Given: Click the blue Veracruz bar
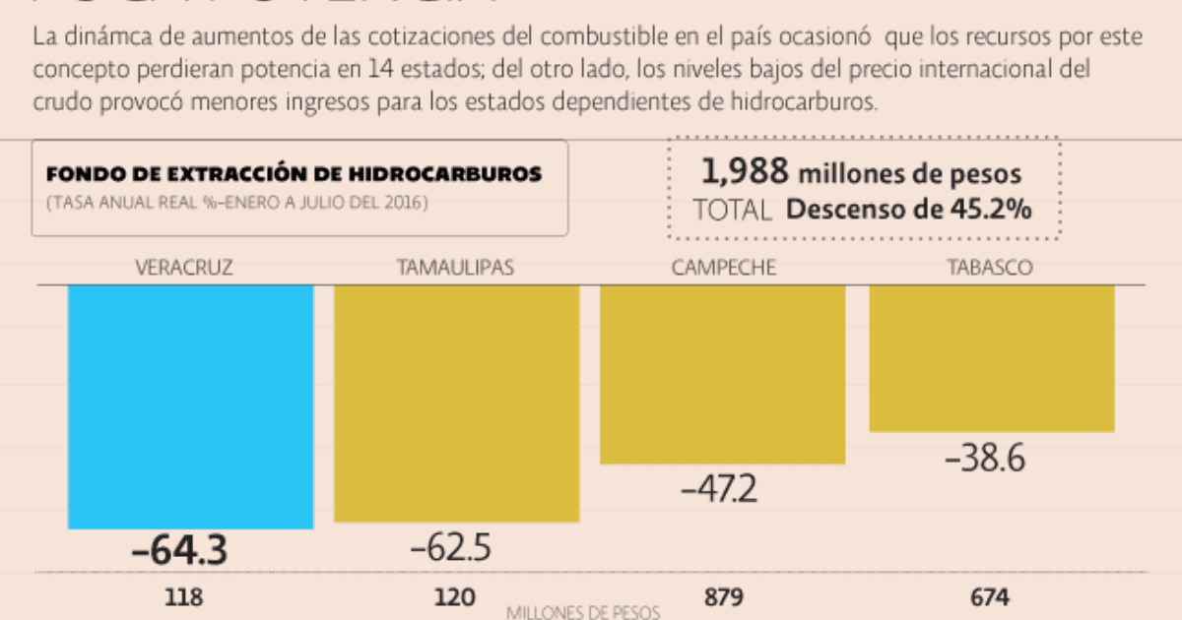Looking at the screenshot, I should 190,406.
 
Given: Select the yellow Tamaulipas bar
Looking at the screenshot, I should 456,403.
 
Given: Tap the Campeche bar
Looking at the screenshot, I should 722,374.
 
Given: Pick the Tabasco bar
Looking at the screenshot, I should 991,358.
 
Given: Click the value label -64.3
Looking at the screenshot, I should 179,551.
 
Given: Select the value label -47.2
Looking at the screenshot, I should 719,488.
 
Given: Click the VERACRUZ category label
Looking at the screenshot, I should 184,267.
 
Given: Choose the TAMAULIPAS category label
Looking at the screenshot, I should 455,267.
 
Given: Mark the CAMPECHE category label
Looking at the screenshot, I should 724,267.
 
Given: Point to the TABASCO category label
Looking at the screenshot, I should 990,267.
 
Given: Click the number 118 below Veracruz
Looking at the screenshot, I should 183,597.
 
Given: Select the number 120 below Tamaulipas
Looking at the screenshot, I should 454,597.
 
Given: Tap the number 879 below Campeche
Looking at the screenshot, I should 724,597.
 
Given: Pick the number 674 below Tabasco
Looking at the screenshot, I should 989,597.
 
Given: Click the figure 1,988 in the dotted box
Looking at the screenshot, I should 745,173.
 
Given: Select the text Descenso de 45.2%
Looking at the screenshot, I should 909,210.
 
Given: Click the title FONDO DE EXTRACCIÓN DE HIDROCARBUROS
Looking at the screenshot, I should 294,174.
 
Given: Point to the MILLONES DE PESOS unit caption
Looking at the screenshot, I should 582,612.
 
